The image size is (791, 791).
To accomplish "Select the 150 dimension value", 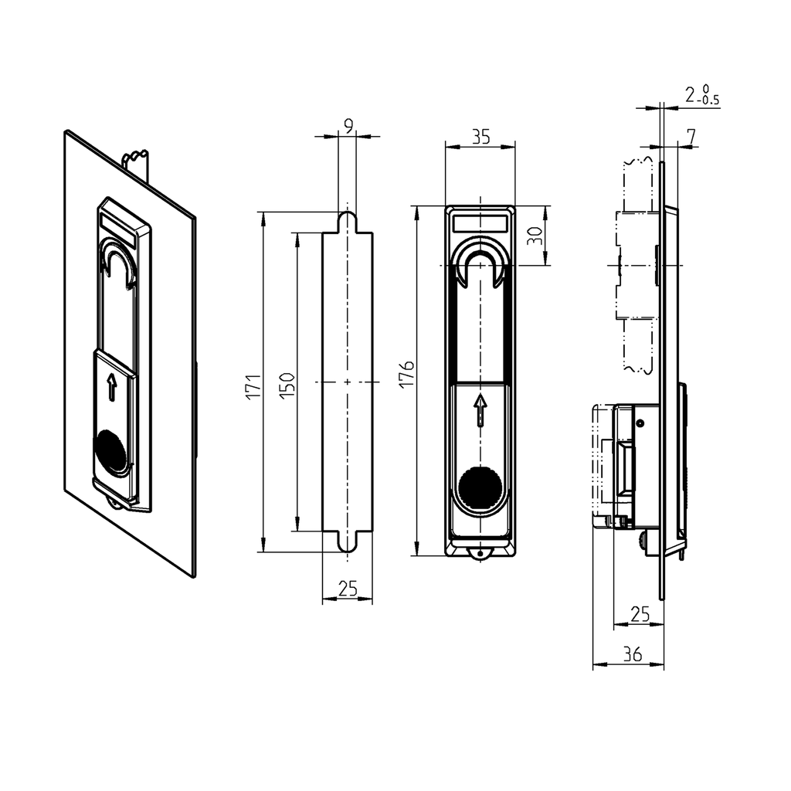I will click(x=285, y=384).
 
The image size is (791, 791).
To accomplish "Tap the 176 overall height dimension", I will click(x=408, y=373).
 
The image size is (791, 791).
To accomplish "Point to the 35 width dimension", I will click(x=480, y=137).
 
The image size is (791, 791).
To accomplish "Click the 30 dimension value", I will click(x=534, y=236).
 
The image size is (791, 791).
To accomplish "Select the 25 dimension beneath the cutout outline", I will click(x=348, y=589).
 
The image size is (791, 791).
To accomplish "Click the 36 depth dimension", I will click(x=631, y=654).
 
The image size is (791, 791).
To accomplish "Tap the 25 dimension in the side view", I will click(x=640, y=613).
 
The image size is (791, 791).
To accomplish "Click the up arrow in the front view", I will click(x=480, y=410).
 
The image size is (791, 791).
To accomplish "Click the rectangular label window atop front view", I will click(x=480, y=222).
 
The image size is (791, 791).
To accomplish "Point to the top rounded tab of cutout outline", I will click(x=348, y=221).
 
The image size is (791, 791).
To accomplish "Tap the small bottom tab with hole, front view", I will click(x=480, y=553).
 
